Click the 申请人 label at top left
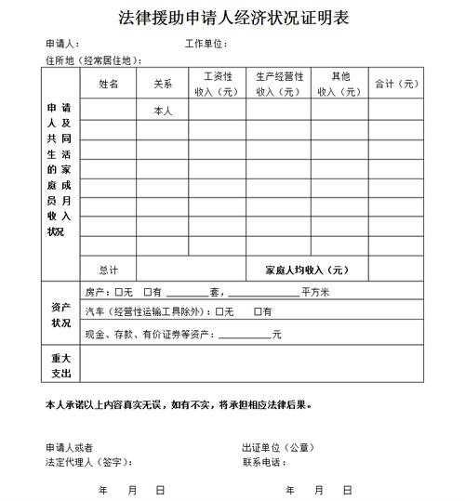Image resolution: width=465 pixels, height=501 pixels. click(61, 45)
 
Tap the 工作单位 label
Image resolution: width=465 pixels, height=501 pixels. click(206, 45)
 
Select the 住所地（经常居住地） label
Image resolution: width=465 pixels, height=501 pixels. click(93, 59)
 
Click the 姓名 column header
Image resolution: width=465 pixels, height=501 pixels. click(109, 84)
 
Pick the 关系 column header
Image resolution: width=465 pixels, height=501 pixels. click(163, 84)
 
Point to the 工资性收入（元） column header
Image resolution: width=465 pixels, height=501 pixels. click(217, 84)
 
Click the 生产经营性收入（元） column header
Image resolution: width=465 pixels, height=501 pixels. click(277, 84)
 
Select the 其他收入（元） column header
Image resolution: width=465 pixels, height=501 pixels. click(339, 84)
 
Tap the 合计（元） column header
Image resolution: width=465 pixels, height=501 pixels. click(395, 84)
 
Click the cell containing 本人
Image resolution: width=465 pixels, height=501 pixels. click(163, 111)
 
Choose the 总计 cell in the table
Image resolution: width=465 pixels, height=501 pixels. click(109, 270)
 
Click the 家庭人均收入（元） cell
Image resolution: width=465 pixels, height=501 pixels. click(306, 270)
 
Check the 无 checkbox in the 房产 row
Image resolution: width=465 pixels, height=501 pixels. click(117, 293)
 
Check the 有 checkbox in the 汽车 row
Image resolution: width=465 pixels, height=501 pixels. click(258, 311)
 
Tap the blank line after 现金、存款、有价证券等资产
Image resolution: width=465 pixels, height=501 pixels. click(244, 335)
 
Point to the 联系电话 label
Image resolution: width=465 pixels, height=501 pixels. click(264, 462)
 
